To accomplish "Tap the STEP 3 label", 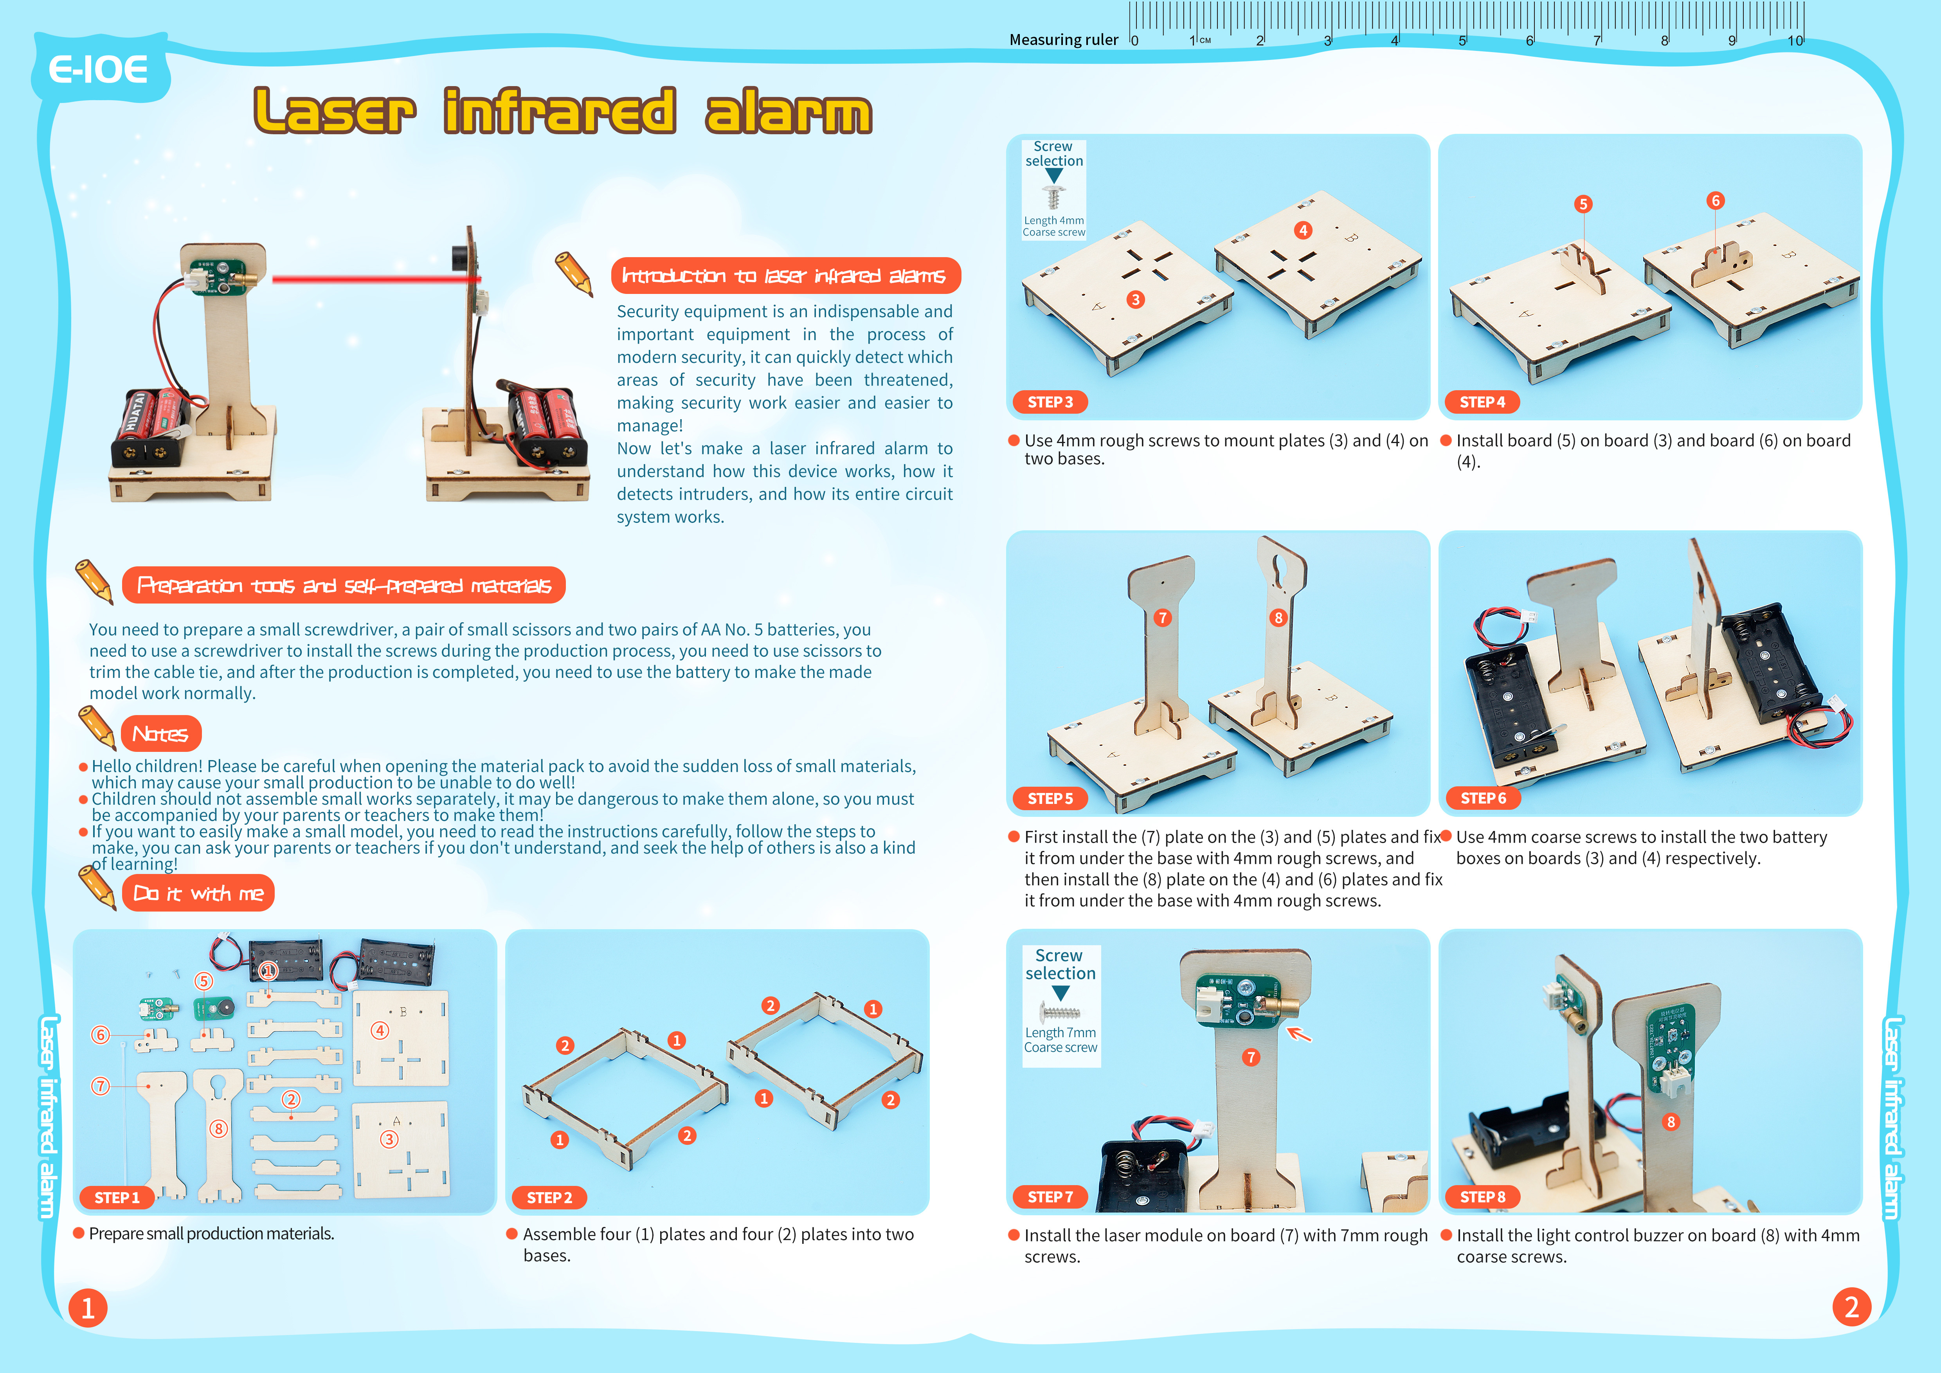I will point(1050,402).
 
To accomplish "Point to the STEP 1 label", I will point(117,1197).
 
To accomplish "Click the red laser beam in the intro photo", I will point(372,278).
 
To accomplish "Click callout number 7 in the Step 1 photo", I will point(101,1086).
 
